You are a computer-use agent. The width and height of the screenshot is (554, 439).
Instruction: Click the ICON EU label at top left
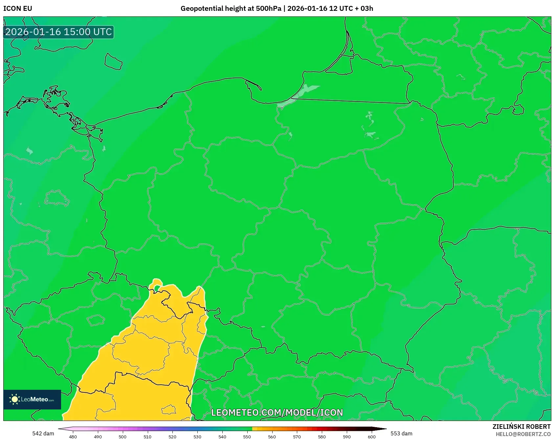(x=18, y=9)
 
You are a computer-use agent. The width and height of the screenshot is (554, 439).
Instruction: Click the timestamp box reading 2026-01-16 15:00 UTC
(x=58, y=32)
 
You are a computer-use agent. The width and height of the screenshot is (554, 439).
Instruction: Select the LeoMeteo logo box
(x=32, y=399)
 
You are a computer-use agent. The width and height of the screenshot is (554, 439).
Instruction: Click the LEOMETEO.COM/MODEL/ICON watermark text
(x=277, y=412)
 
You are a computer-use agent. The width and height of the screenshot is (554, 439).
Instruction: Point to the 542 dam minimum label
(x=43, y=433)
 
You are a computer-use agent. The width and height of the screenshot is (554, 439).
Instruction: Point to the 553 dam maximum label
(x=401, y=433)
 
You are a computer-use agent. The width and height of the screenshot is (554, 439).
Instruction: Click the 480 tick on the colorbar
(x=73, y=436)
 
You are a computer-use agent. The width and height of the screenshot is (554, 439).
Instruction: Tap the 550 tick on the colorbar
(x=247, y=436)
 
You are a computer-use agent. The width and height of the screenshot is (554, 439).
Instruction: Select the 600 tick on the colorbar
(x=371, y=436)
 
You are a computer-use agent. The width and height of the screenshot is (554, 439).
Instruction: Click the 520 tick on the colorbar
(x=172, y=436)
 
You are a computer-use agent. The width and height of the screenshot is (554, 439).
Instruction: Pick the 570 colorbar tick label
(x=297, y=436)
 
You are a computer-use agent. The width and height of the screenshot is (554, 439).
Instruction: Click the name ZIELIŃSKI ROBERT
(x=521, y=427)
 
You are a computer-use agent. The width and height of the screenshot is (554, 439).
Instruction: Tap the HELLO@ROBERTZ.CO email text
(x=523, y=434)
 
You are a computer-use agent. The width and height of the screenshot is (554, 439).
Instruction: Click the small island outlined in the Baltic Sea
(x=113, y=62)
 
